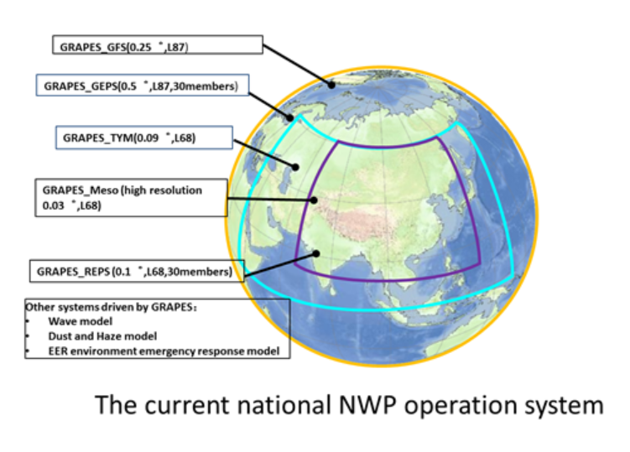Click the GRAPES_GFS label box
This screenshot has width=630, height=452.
tap(158, 44)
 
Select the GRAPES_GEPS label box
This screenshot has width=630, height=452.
tap(143, 85)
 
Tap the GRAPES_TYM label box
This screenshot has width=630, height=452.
tap(144, 138)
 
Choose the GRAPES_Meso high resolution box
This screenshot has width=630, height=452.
tap(132, 198)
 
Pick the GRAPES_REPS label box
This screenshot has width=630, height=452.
tap(137, 271)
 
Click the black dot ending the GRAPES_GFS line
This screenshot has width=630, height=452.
tap(331, 85)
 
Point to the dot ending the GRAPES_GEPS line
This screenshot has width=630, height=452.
tap(289, 118)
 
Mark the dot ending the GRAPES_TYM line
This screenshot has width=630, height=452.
tap(295, 167)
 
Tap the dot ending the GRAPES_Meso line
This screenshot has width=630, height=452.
tap(314, 200)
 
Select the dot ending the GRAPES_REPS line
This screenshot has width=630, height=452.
tap(316, 253)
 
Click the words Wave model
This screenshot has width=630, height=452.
tap(81, 321)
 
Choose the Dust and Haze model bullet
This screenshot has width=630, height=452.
tap(102, 336)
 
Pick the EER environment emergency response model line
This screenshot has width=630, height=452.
tap(164, 351)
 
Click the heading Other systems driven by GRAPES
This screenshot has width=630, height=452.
tap(111, 307)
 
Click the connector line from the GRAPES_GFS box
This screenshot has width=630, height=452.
tap(297, 65)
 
